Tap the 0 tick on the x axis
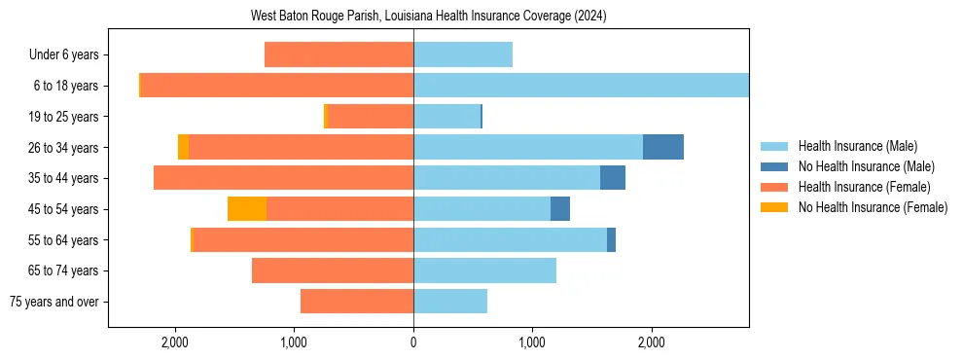click(x=413, y=342)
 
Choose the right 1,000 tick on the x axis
click(x=532, y=342)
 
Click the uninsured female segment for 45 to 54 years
click(x=247, y=209)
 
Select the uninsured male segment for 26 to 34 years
click(x=663, y=147)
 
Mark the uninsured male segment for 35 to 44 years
click(x=613, y=178)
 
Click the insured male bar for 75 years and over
click(x=450, y=302)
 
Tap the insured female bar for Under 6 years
click(x=339, y=55)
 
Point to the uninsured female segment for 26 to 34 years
click(x=183, y=147)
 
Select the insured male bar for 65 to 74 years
click(x=484, y=270)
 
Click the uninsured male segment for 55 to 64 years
click(x=611, y=239)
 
